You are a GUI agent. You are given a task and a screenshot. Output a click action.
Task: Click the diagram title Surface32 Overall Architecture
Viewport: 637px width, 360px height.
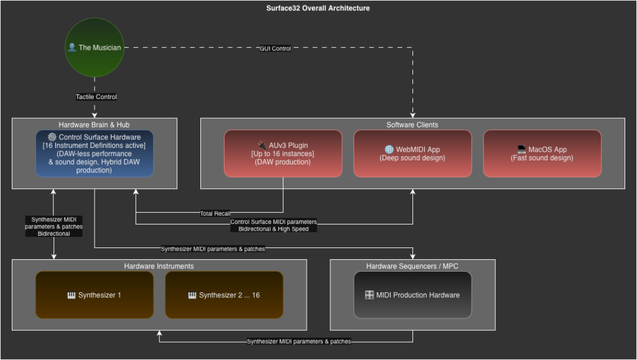(x=318, y=8)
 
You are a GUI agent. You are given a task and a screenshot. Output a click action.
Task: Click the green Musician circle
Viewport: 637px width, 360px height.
(x=95, y=48)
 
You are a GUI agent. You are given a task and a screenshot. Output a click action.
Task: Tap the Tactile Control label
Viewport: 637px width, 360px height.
(x=96, y=97)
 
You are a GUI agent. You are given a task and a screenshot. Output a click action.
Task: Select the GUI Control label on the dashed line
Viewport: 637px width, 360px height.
(x=275, y=48)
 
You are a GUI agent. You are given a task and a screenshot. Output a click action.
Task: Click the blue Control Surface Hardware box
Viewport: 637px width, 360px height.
(x=94, y=153)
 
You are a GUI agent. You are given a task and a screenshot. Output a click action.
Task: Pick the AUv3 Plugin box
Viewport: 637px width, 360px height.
(x=282, y=153)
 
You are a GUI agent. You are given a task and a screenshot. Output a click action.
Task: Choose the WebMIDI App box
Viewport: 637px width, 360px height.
(x=412, y=153)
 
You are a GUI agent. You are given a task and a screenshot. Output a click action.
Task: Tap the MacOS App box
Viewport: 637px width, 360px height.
(x=542, y=153)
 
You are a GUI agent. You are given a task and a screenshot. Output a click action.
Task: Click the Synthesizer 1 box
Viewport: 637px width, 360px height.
(x=94, y=295)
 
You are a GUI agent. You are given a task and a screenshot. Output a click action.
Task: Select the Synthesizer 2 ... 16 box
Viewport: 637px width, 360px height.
(x=224, y=295)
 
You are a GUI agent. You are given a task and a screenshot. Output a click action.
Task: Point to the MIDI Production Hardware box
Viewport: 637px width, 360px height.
(x=412, y=295)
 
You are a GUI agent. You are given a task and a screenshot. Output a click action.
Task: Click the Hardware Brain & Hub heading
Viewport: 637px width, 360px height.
(x=94, y=125)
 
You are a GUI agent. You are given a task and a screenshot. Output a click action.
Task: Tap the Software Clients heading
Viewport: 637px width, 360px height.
(x=412, y=125)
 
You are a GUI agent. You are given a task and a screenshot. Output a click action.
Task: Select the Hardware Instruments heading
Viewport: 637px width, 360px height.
(x=159, y=266)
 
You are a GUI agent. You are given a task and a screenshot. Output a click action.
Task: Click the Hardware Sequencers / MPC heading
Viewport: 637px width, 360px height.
(x=412, y=266)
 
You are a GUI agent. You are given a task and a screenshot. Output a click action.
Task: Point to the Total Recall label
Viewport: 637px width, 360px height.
(x=215, y=214)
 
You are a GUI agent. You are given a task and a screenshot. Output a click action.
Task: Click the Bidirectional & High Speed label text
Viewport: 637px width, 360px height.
(x=273, y=229)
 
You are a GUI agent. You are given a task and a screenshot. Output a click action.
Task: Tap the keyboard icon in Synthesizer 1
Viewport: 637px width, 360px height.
(x=71, y=295)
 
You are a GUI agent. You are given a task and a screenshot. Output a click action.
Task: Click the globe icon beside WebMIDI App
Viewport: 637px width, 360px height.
(x=389, y=149)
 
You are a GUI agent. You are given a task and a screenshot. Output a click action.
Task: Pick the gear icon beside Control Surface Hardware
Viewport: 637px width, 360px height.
(x=52, y=137)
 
